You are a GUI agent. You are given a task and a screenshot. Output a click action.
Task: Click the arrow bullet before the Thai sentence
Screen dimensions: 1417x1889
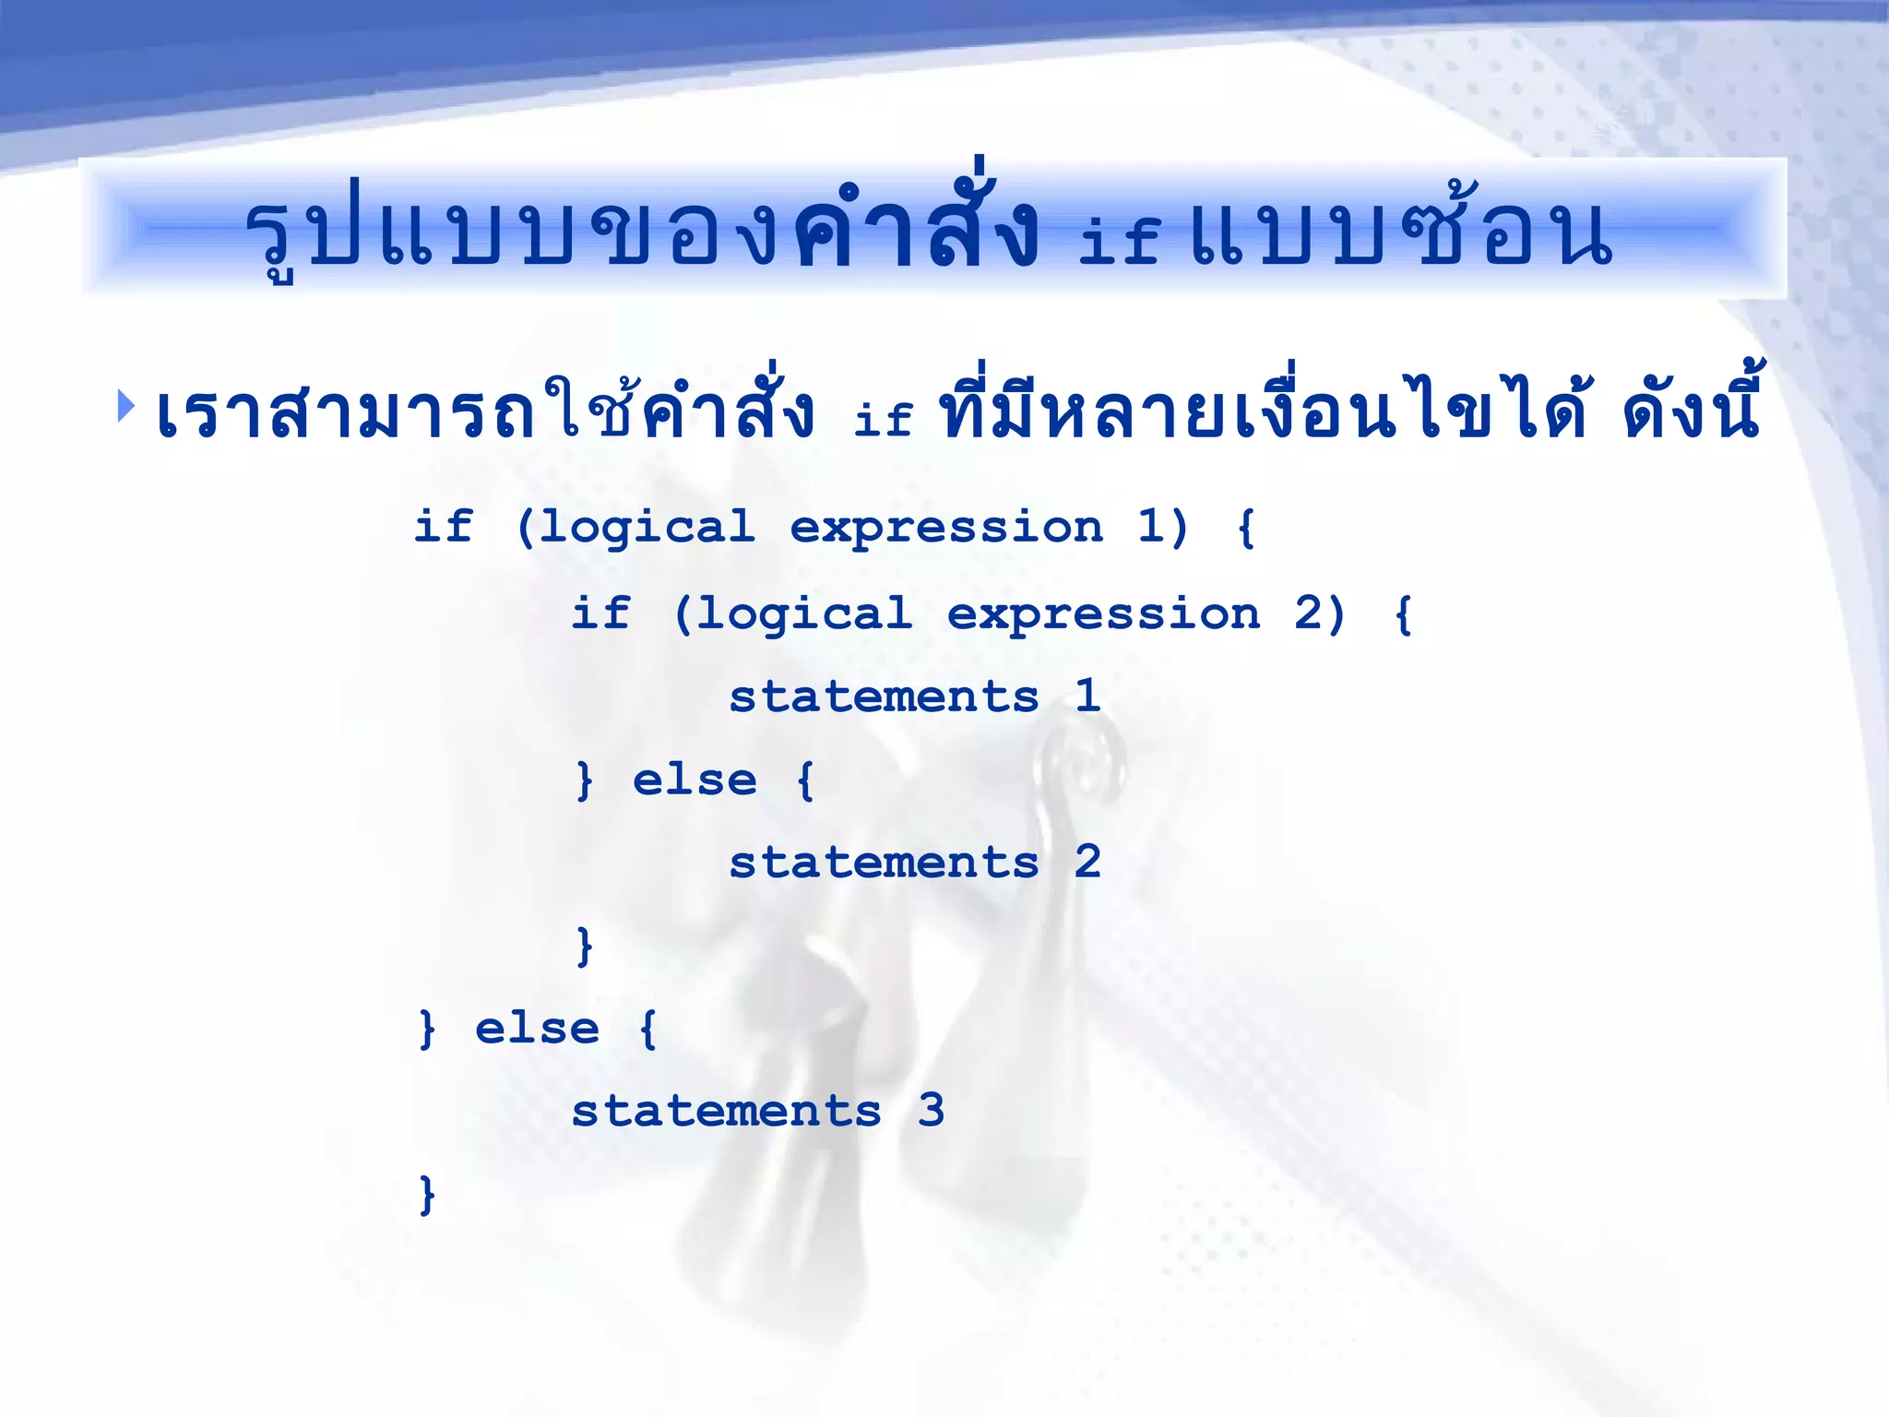[x=126, y=406]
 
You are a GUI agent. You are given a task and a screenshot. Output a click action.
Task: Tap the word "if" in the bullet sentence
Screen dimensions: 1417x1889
[x=883, y=420]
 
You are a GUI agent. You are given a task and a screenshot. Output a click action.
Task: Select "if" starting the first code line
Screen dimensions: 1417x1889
[x=444, y=527]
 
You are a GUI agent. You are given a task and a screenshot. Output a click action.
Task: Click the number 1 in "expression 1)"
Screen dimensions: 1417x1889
[x=1149, y=527]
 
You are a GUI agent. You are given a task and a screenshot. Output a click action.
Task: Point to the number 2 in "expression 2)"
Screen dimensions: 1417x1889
[x=1307, y=613]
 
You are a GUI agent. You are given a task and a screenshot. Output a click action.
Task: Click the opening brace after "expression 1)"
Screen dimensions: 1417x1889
[x=1246, y=529]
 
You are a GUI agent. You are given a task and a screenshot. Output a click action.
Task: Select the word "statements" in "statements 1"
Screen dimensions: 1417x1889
[x=884, y=697]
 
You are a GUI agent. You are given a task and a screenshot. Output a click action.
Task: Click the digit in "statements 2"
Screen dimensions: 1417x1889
[x=1087, y=862]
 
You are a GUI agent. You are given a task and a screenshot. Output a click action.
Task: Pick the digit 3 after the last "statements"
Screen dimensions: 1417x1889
[x=931, y=1110]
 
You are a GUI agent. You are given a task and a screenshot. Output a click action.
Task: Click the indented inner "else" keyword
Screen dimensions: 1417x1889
[x=695, y=780]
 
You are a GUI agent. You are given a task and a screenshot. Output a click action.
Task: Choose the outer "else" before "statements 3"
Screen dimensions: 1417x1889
[x=537, y=1029]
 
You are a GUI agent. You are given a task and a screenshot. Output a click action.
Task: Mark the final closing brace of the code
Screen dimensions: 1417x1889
[x=426, y=1195]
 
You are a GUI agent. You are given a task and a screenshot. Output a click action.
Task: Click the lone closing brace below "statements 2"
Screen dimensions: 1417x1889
[x=584, y=947]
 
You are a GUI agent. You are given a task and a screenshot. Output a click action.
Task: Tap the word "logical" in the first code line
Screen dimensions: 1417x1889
[x=647, y=529]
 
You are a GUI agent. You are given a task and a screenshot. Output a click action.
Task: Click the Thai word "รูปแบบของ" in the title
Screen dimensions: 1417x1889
[x=512, y=235]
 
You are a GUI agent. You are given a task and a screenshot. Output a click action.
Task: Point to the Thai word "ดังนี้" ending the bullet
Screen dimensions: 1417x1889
[x=1691, y=411]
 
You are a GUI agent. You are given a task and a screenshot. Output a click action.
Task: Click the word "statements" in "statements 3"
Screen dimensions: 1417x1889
[x=726, y=1111]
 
